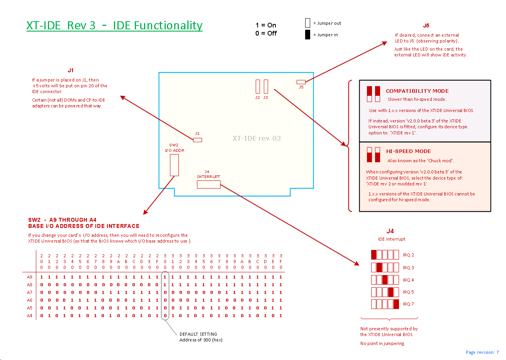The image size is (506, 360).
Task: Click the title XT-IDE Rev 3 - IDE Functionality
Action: [x=114, y=25]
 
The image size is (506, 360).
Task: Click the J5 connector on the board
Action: [x=301, y=82]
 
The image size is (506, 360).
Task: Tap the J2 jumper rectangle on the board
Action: [x=258, y=87]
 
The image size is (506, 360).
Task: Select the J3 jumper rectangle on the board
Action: [x=266, y=87]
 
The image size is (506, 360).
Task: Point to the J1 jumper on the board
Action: [x=197, y=140]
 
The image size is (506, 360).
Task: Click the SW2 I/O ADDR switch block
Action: [x=174, y=165]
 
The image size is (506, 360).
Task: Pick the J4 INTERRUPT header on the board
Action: [x=209, y=185]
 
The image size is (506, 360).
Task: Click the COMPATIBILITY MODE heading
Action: [x=417, y=91]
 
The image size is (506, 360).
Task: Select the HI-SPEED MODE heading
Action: [x=408, y=151]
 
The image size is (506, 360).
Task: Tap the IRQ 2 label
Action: [x=408, y=255]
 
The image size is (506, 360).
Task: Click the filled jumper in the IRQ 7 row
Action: [x=396, y=304]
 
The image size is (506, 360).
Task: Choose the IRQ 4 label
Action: [x=408, y=280]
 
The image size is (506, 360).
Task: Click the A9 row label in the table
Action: [x=30, y=277]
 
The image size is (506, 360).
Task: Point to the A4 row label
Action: [x=30, y=316]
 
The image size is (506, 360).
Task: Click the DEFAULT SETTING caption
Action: [x=198, y=334]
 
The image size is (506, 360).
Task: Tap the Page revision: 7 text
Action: [x=482, y=352]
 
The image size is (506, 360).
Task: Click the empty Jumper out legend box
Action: [x=307, y=23]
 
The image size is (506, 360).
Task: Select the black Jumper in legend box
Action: [x=307, y=35]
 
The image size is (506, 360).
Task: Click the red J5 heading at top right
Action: [x=426, y=26]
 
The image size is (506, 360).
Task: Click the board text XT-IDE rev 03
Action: [x=256, y=138]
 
